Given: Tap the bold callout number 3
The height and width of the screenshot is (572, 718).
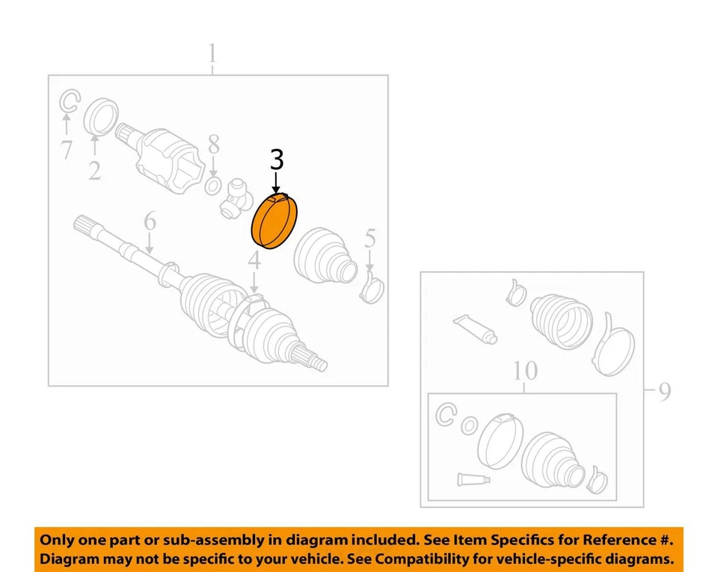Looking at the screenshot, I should tap(277, 160).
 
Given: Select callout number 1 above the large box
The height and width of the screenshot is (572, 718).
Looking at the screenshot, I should tap(212, 54).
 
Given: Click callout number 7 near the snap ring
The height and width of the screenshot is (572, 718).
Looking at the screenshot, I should tap(67, 150).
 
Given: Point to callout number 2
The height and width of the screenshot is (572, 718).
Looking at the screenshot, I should tap(94, 170).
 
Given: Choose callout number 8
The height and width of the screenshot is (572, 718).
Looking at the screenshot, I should tap(214, 144).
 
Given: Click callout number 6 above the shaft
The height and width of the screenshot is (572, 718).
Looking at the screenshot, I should tap(150, 221).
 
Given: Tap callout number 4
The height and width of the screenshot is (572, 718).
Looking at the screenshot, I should tap(254, 261).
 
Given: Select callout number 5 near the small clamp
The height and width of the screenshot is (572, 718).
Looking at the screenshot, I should tap(370, 240).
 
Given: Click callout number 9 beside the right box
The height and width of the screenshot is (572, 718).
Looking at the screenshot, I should tap(664, 391).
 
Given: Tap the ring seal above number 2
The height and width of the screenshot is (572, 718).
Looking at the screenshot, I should tap(101, 117).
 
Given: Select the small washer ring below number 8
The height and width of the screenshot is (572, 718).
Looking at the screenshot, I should tap(212, 185).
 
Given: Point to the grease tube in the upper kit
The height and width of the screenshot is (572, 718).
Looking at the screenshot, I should tap(474, 327).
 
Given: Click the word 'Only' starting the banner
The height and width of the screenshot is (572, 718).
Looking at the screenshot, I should tap(57, 540).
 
